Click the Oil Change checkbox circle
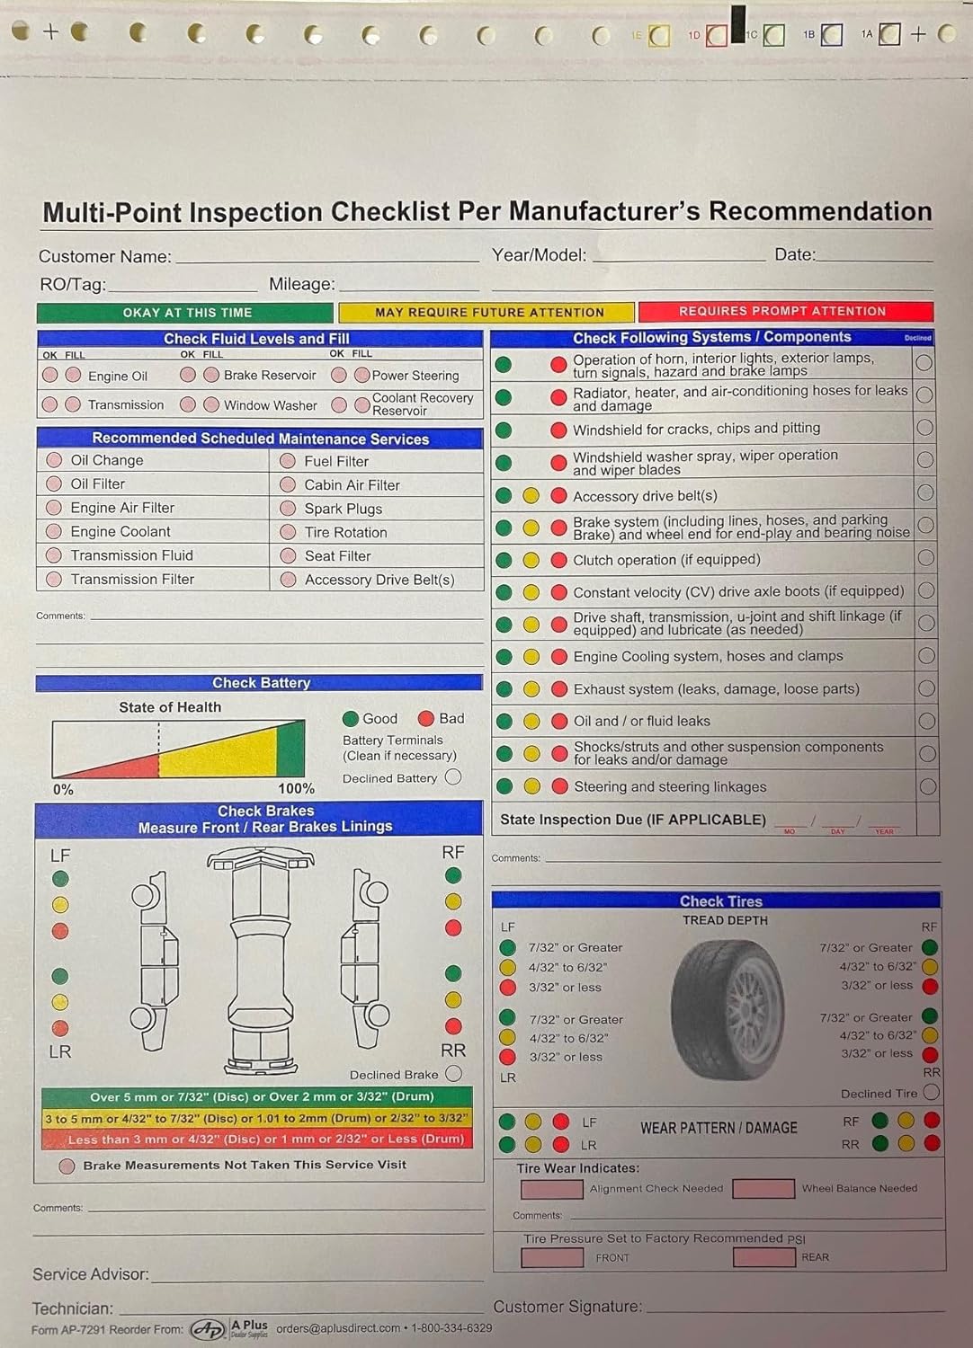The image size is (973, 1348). [54, 460]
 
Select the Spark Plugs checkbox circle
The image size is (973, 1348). [288, 509]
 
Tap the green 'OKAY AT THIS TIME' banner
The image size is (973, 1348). [185, 313]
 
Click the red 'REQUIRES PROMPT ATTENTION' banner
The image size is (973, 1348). [785, 311]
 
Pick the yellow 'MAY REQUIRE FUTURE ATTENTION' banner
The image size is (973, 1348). [488, 312]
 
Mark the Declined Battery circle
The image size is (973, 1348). [453, 777]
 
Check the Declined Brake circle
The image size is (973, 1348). [454, 1073]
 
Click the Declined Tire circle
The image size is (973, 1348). [931, 1092]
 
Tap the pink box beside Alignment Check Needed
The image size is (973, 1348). [552, 1189]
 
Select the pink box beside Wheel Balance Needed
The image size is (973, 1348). [763, 1189]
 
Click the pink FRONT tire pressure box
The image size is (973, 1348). [552, 1257]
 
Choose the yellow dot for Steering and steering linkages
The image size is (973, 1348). [531, 786]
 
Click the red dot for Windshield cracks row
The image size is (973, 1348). [558, 430]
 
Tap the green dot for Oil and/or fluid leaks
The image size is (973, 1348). [504, 721]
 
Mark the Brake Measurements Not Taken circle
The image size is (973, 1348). [67, 1166]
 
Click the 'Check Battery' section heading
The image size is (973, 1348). [260, 683]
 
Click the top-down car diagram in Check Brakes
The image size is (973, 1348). [260, 962]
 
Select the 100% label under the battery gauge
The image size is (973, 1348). [296, 789]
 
